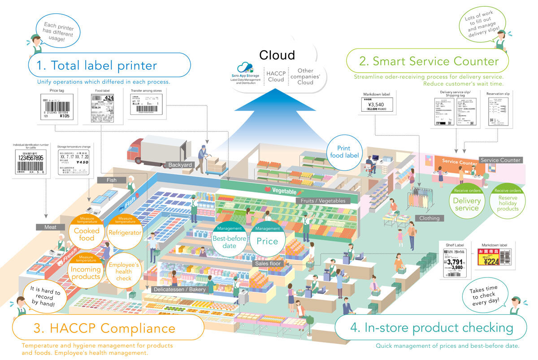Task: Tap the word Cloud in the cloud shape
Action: [x=277, y=55]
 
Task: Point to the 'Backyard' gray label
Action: [x=180, y=165]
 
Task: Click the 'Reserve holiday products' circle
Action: [x=507, y=201]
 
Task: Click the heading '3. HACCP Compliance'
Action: [x=104, y=328]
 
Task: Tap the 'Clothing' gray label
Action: [x=430, y=218]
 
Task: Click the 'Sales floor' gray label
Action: [x=268, y=264]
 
